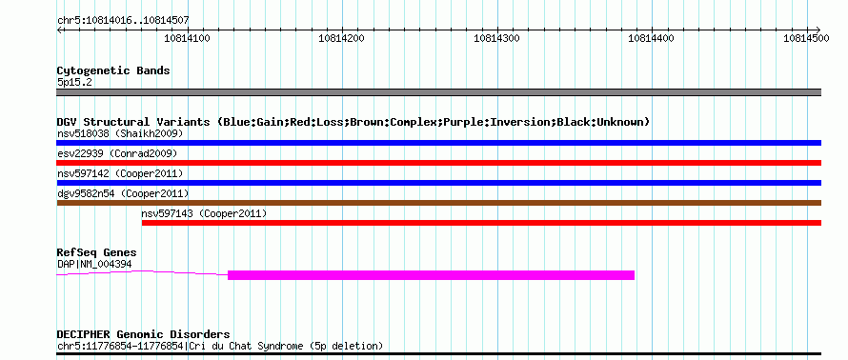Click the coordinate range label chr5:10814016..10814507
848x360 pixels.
[x=123, y=21]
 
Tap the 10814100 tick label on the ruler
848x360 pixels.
[x=187, y=38]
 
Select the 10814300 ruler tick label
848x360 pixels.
[x=496, y=38]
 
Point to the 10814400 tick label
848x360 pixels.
[x=651, y=38]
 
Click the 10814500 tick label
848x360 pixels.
[x=806, y=38]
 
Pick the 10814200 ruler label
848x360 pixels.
[x=342, y=38]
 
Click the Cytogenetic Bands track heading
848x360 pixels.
[x=113, y=70]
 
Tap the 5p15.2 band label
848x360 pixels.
[x=74, y=83]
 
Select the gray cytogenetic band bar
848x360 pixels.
[x=438, y=92]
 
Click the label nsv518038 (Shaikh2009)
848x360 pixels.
[x=120, y=133]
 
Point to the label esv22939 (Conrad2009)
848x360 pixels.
[x=117, y=153]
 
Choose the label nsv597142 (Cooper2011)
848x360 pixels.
[x=120, y=173]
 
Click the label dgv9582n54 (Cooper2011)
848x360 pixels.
[x=123, y=193]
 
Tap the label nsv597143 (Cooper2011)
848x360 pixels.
[x=204, y=213]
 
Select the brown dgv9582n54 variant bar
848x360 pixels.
[x=438, y=203]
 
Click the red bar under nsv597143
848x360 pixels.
[x=481, y=223]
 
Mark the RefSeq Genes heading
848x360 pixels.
[x=97, y=252]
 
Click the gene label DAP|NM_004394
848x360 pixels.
[x=94, y=265]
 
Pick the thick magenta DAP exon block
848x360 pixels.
[x=431, y=275]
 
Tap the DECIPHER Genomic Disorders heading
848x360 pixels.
[x=143, y=334]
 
